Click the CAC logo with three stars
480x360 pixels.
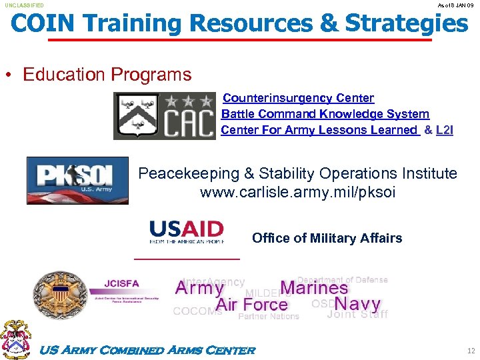point(165,116)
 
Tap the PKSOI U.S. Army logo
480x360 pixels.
point(77,180)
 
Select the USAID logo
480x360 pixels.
point(187,231)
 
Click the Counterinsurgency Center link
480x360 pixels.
point(298,98)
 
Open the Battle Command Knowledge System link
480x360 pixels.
point(325,114)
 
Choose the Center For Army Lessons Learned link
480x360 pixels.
point(319,130)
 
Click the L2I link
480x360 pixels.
point(444,130)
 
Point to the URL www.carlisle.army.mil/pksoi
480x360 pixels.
point(297,193)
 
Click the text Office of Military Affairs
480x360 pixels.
point(327,238)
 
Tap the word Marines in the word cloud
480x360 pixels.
point(314,288)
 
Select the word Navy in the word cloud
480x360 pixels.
point(357,304)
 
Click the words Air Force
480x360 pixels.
point(251,305)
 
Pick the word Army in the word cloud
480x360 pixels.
point(199,289)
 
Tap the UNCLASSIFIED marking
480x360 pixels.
point(25,5)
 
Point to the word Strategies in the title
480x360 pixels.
point(406,24)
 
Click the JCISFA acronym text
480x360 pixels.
point(122,284)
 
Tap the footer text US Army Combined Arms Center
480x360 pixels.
point(148,351)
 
